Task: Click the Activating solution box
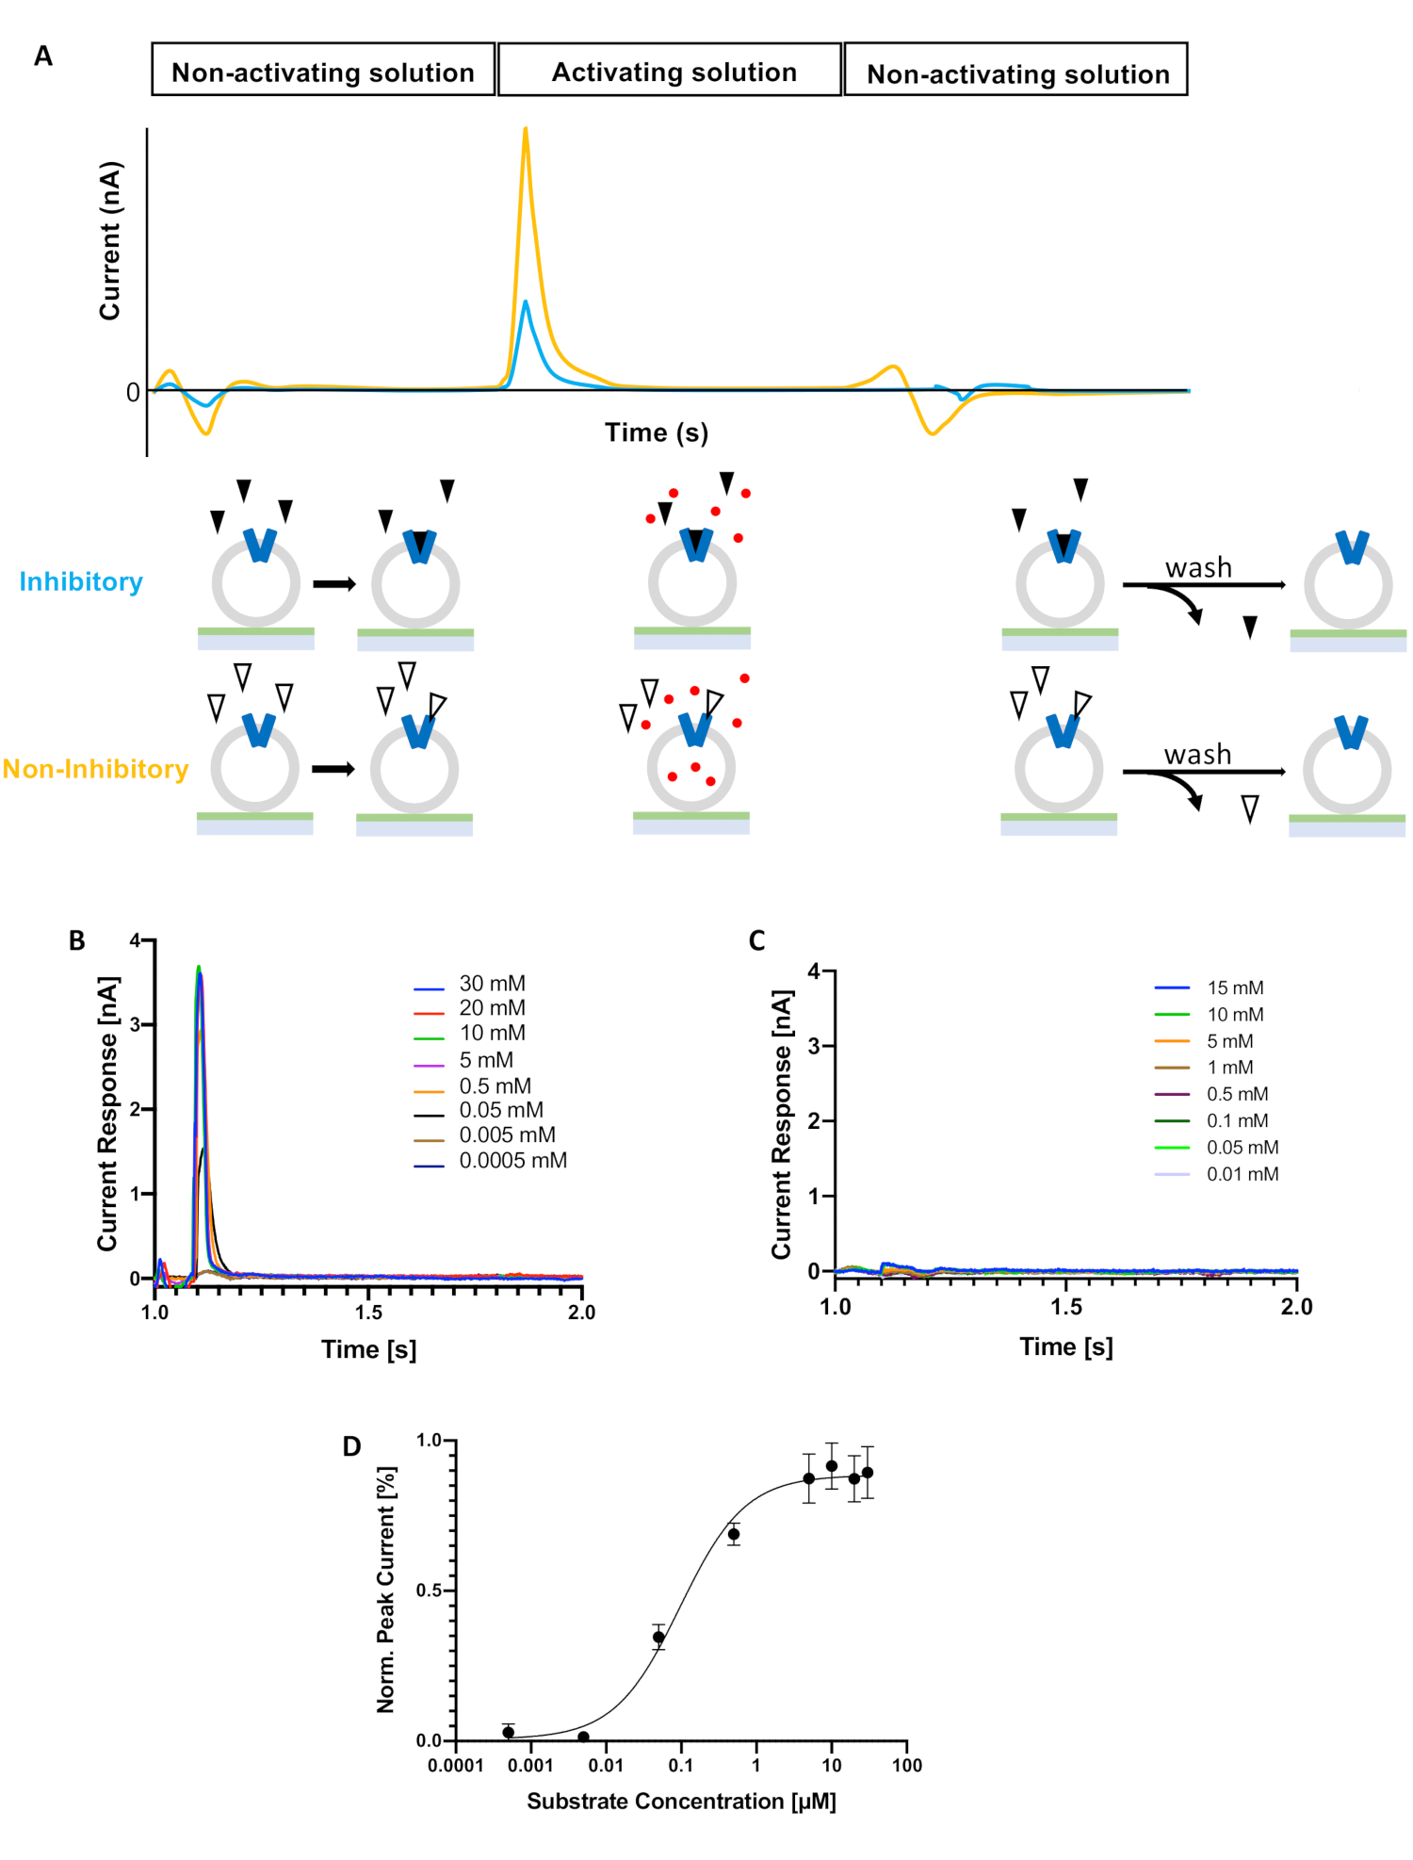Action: click(670, 71)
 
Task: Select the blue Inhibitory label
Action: click(81, 581)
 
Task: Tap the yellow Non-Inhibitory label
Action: click(95, 769)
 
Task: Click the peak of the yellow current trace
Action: click(525, 129)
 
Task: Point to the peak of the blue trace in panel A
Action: click(525, 302)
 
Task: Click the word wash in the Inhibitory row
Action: click(1198, 567)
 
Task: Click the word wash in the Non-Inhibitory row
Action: click(1197, 754)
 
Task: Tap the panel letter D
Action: click(351, 1446)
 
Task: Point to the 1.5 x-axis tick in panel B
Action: click(368, 1312)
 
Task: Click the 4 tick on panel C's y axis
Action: click(815, 971)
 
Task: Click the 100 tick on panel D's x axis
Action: click(906, 1765)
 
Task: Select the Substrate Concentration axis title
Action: click(681, 1802)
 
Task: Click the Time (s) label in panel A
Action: click(656, 432)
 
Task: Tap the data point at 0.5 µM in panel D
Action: click(733, 1535)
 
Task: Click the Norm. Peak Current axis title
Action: click(386, 1589)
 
